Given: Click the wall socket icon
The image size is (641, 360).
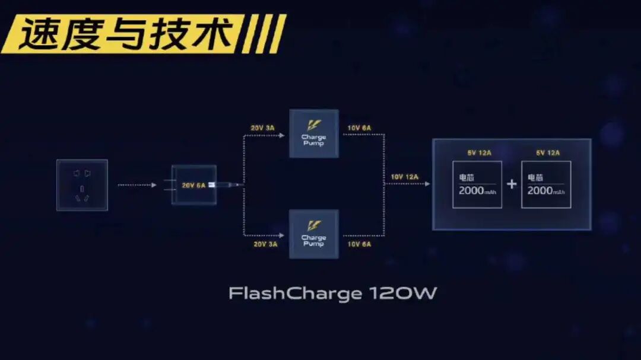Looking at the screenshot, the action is click(82, 184).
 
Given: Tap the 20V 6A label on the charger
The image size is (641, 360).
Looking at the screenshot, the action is click(193, 186).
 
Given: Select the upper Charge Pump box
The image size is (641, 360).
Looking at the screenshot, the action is click(313, 133).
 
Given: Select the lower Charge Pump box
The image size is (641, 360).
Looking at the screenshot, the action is click(313, 234).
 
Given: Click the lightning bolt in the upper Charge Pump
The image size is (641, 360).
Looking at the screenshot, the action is click(313, 125).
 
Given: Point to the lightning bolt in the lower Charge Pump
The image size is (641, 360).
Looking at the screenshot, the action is click(313, 226).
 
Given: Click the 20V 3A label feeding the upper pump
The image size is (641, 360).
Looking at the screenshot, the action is click(263, 128).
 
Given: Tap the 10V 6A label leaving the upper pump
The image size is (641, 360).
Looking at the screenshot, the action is click(359, 128).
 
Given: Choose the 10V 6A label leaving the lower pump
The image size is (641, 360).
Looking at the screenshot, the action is click(359, 244).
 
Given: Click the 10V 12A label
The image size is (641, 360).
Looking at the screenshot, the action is click(404, 177).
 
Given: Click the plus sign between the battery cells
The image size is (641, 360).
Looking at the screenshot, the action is click(512, 184).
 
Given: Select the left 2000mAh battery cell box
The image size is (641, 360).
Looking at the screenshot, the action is click(477, 184).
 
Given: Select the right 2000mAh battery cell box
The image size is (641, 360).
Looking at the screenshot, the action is click(546, 184).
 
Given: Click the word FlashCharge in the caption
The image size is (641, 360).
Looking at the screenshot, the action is click(295, 294).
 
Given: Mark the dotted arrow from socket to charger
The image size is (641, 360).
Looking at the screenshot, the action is click(137, 185).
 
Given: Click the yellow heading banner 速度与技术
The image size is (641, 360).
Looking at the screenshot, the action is click(128, 34).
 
